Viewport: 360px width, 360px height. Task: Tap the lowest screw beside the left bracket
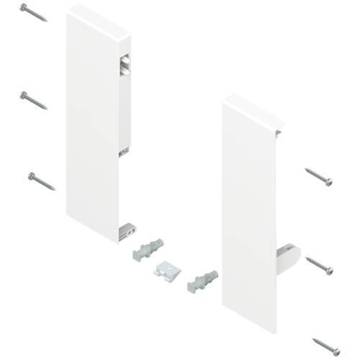(42, 181)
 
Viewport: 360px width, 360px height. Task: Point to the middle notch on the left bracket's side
(124, 152)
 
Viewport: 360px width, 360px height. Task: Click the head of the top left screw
(24, 6)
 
